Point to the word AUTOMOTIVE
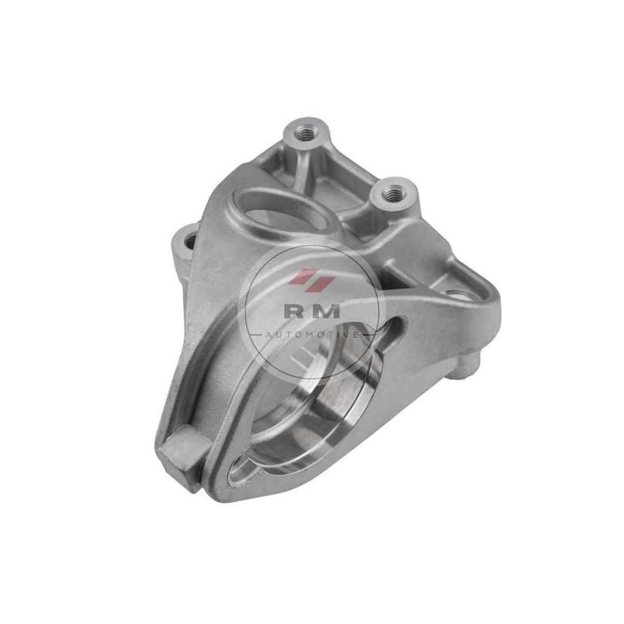pos(312,335)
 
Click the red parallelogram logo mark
pos(311,279)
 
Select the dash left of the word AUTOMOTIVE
pos(255,335)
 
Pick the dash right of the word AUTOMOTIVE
pos(368,335)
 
